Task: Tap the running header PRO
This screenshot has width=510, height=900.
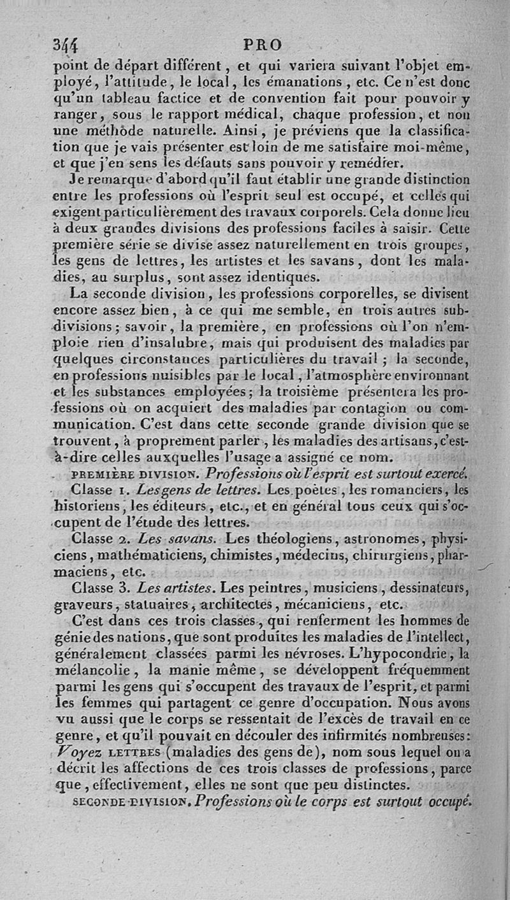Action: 262,45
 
